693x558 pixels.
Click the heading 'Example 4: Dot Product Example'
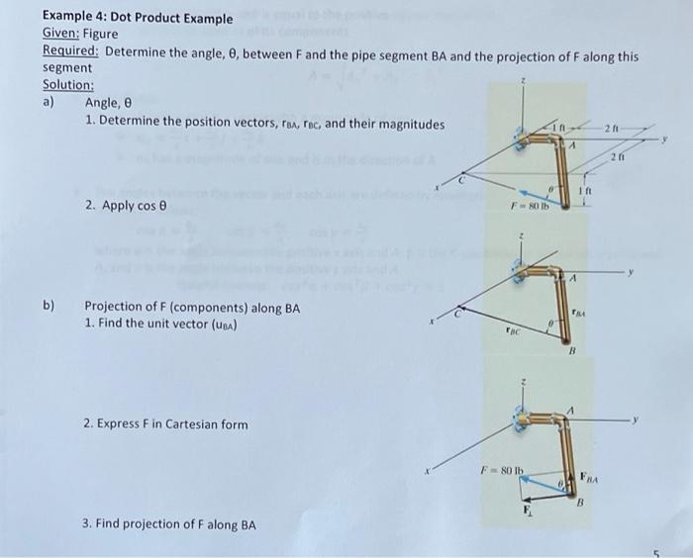pos(138,18)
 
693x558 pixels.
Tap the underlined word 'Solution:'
pos(68,85)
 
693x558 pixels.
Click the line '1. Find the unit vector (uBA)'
pos(163,324)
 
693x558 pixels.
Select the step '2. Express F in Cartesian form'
pos(166,424)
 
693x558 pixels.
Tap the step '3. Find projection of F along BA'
pos(170,524)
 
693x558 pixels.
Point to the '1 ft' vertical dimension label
pos(586,191)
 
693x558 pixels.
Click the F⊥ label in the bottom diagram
pos(527,512)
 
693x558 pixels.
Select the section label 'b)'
pos(49,307)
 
